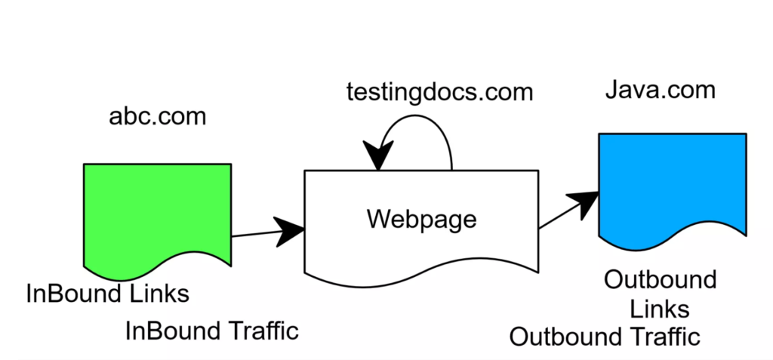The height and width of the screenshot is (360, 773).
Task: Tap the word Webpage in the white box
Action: tap(422, 219)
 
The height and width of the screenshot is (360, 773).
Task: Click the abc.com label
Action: tap(157, 117)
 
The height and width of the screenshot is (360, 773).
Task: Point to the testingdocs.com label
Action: tap(440, 92)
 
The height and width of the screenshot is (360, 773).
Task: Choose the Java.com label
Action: tap(660, 91)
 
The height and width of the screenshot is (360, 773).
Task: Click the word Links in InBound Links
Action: tap(156, 293)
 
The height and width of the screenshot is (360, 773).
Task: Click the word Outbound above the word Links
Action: tap(660, 280)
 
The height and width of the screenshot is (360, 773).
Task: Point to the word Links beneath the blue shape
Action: tap(659, 309)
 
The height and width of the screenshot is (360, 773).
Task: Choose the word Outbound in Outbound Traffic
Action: tap(562, 337)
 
